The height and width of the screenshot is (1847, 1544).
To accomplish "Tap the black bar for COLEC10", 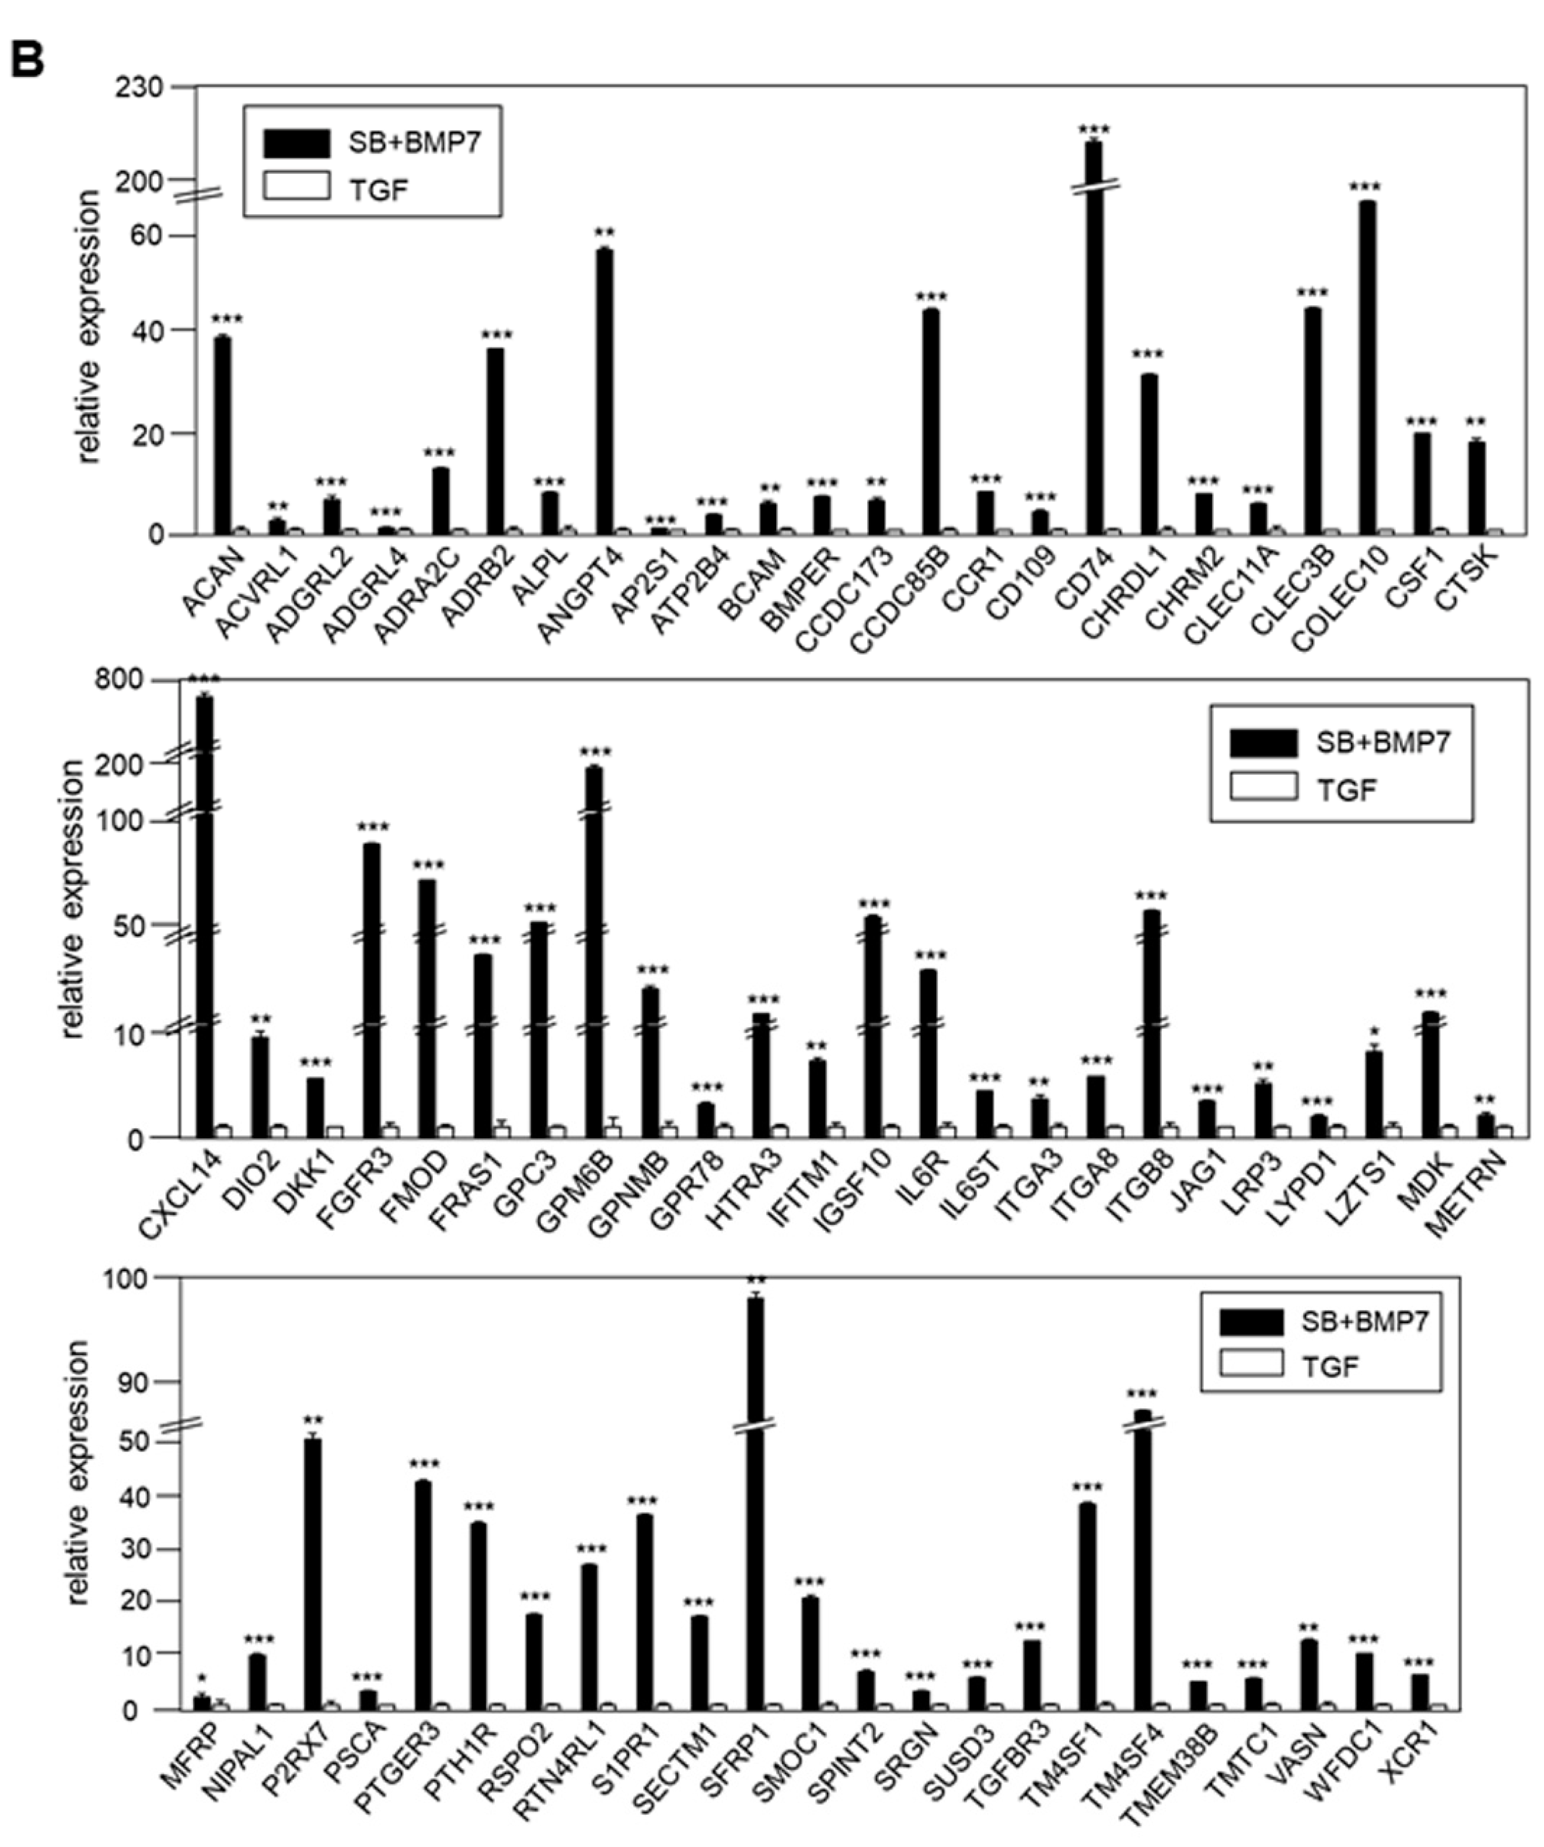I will pyautogui.click(x=1367, y=367).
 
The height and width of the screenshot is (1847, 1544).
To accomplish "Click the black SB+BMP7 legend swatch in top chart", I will pyautogui.click(x=297, y=142).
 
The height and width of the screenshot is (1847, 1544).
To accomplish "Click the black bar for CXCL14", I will pyautogui.click(x=204, y=914).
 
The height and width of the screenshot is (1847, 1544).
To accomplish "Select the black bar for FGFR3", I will pyautogui.click(x=371, y=989).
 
